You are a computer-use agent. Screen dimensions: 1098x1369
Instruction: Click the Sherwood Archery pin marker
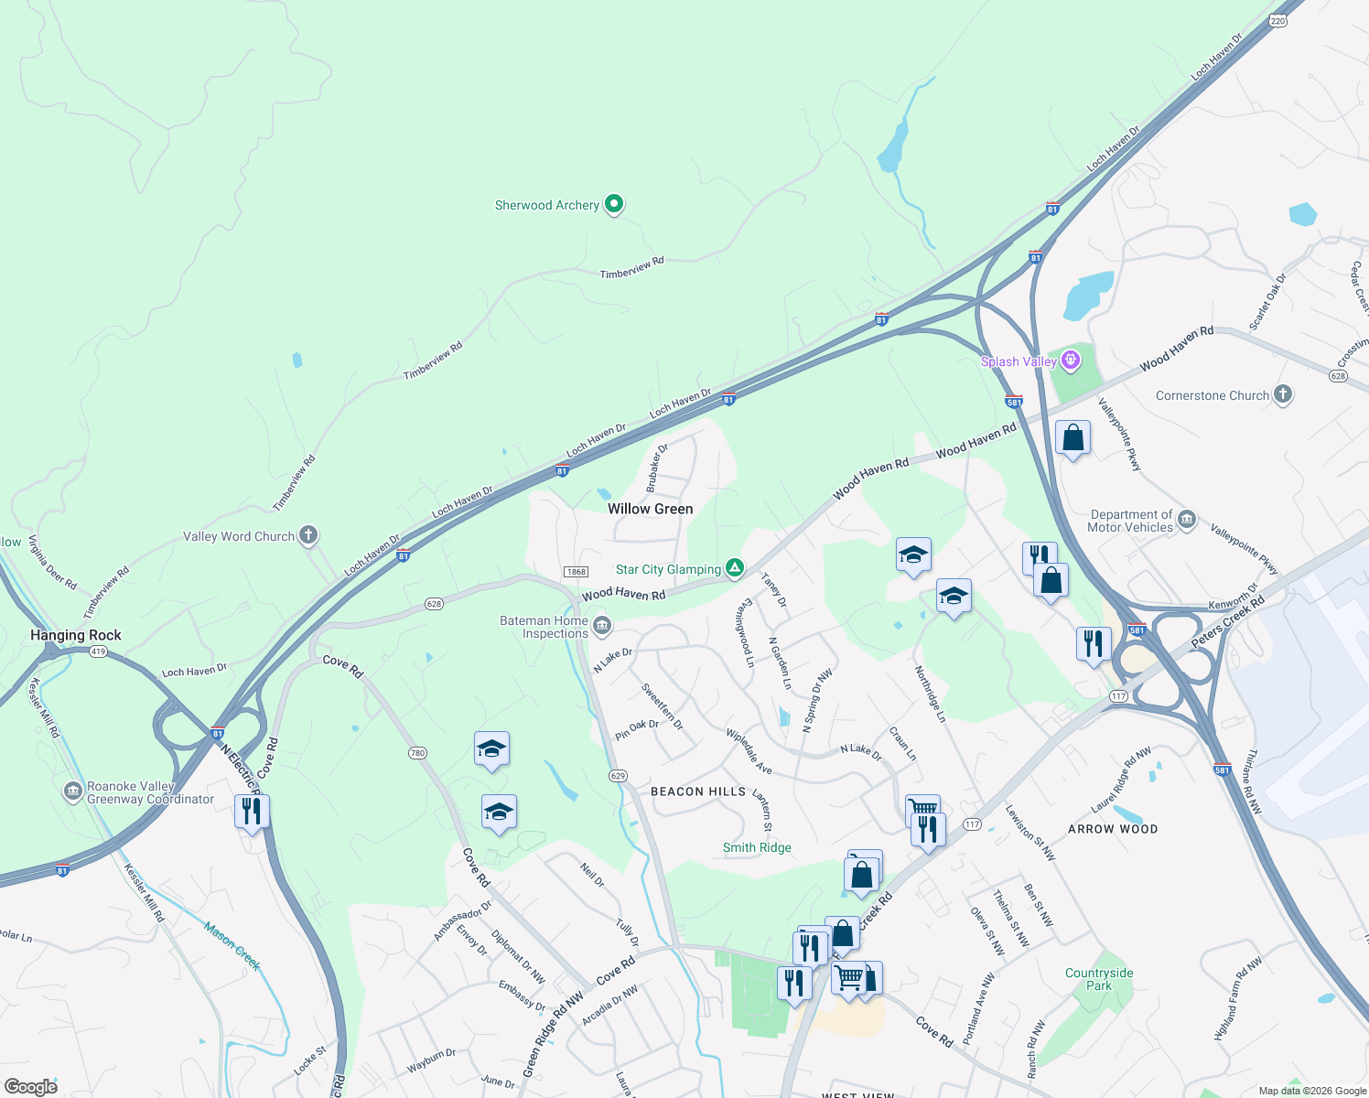[614, 204]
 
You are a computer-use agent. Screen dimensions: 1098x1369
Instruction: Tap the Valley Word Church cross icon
[308, 535]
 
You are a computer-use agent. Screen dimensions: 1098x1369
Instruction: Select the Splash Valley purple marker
[1070, 361]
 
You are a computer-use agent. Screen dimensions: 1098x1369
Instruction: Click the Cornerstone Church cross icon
[1282, 394]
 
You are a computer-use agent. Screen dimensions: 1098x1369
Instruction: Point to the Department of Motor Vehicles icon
[1187, 520]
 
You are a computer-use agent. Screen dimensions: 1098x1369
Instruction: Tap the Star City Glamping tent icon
[734, 568]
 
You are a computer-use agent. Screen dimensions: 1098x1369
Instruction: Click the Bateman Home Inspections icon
[601, 626]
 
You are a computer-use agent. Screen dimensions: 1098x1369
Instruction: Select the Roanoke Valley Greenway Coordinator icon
[73, 791]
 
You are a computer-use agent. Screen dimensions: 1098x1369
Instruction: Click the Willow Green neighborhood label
[651, 509]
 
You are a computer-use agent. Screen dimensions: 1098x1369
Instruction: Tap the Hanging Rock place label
[76, 635]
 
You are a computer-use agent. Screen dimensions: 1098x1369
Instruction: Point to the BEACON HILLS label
[698, 791]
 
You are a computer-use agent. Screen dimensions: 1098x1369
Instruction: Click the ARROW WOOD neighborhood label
[1113, 829]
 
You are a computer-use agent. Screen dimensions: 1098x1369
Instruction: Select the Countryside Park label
[1099, 979]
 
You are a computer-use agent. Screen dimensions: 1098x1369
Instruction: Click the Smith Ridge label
[757, 847]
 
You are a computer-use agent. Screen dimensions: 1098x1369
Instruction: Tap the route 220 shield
[1278, 20]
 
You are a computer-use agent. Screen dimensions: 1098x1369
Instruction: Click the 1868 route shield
[576, 572]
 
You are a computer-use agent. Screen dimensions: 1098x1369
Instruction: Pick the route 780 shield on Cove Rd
[417, 753]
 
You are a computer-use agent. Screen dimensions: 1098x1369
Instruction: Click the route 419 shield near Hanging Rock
[99, 651]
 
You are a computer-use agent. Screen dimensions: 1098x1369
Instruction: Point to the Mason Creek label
[232, 946]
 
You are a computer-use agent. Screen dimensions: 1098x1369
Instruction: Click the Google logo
[30, 1087]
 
